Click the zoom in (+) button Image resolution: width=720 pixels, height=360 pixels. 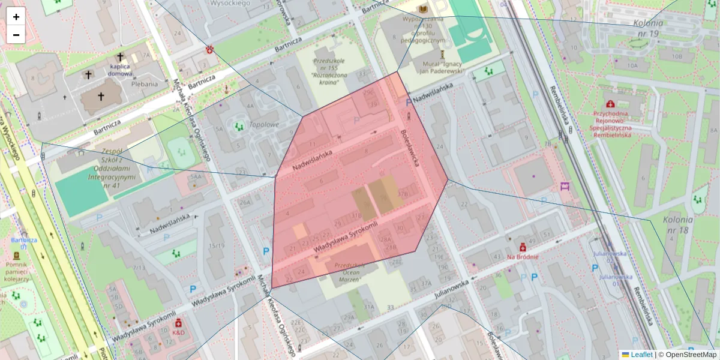click(x=16, y=17)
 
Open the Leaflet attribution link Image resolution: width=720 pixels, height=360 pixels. click(x=641, y=355)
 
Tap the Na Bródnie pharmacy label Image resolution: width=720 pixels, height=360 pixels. click(x=522, y=257)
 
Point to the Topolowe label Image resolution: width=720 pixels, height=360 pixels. click(x=264, y=125)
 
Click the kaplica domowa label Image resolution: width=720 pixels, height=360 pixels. click(x=120, y=70)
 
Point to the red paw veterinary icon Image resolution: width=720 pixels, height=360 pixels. click(x=211, y=49)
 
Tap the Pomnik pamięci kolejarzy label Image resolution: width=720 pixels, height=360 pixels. click(x=16, y=271)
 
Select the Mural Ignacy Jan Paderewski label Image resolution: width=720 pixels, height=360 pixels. click(x=440, y=67)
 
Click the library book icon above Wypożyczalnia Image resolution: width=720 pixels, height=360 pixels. click(x=424, y=10)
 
